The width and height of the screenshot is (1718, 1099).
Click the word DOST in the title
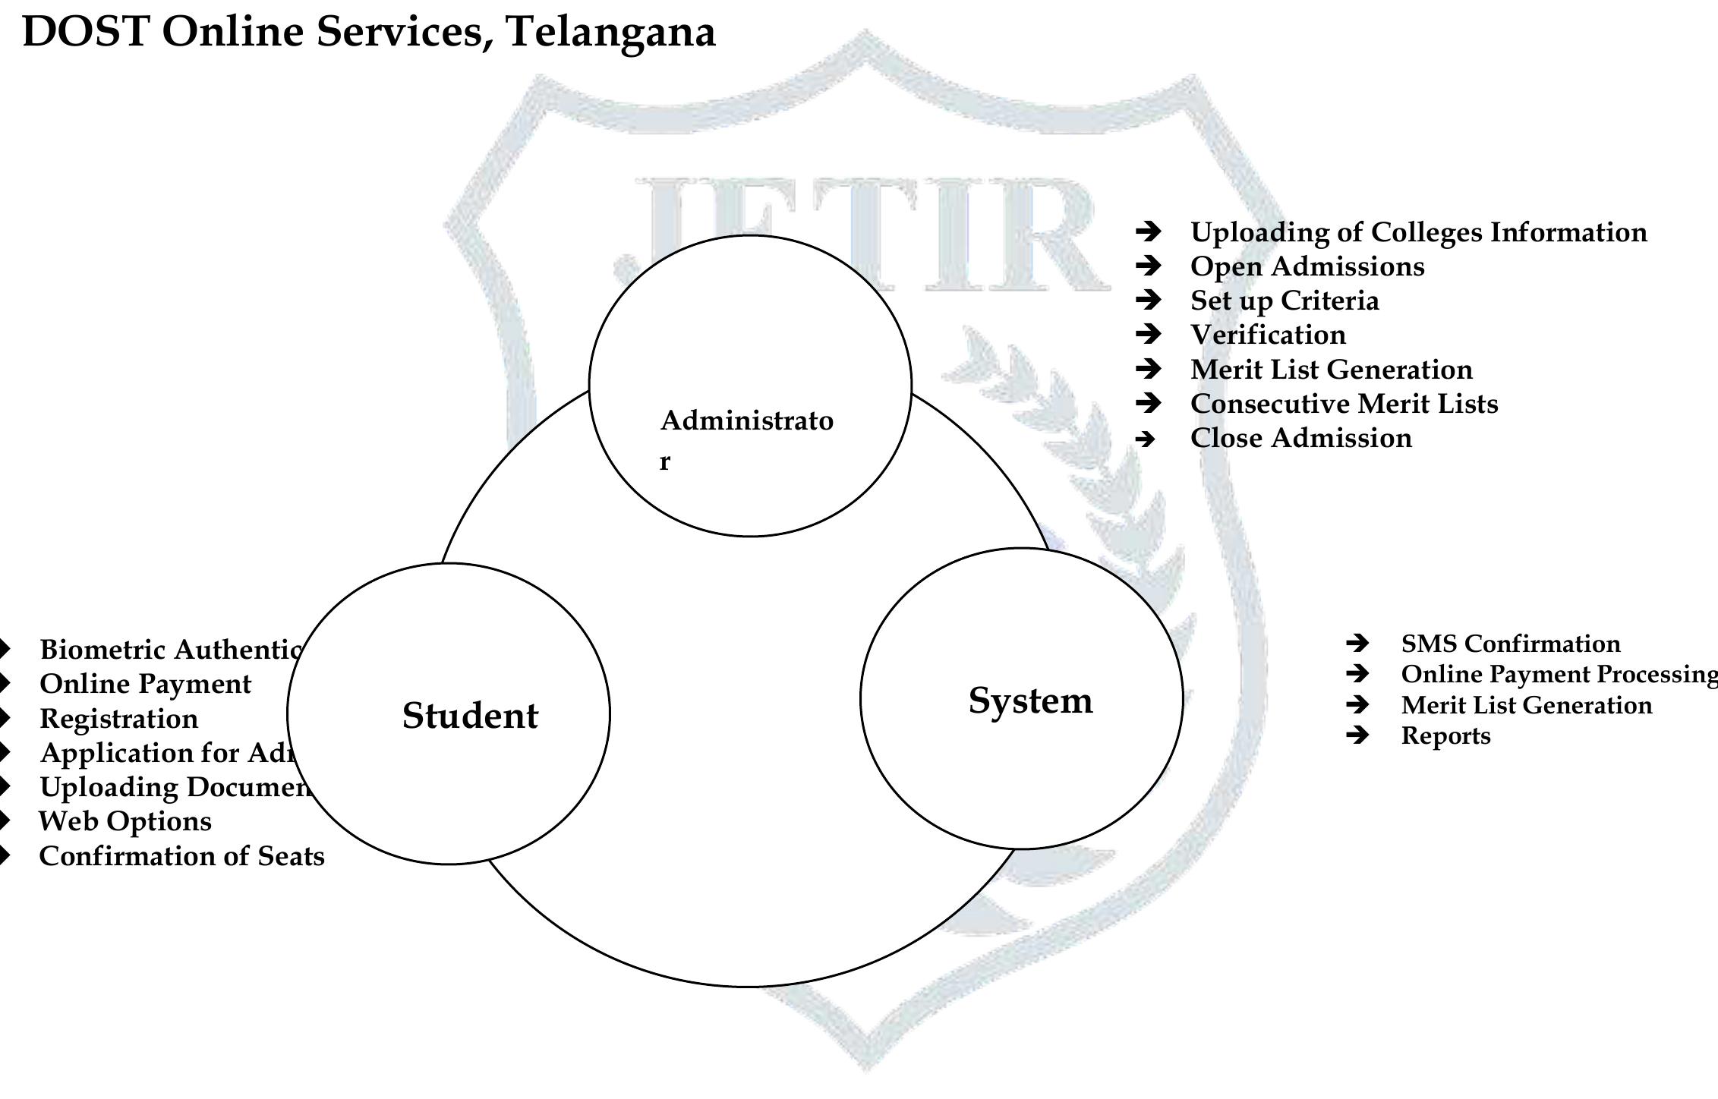pyautogui.click(x=85, y=32)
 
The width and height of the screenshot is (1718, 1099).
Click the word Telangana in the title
pyautogui.click(x=610, y=32)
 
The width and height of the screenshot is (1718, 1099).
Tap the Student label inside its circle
pyautogui.click(x=470, y=716)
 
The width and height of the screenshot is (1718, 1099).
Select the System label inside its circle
pyautogui.click(x=1030, y=701)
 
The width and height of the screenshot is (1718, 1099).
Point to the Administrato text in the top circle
pyautogui.click(x=747, y=420)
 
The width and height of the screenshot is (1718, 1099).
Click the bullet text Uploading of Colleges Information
pyautogui.click(x=1418, y=232)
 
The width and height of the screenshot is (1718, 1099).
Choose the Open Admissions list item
pyautogui.click(x=1307, y=266)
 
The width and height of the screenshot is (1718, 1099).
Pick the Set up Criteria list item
pyautogui.click(x=1284, y=301)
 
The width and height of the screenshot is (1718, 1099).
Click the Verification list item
pyautogui.click(x=1268, y=335)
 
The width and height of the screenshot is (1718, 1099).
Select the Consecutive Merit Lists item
pyautogui.click(x=1344, y=404)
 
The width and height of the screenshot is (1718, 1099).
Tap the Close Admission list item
pyautogui.click(x=1300, y=438)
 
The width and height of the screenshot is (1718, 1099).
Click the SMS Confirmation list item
pyautogui.click(x=1510, y=644)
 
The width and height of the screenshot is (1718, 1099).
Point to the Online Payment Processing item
pyautogui.click(x=1558, y=674)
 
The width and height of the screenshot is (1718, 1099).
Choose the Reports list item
pyautogui.click(x=1445, y=735)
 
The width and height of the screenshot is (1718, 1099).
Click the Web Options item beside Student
pyautogui.click(x=125, y=821)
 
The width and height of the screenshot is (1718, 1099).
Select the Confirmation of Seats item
pyautogui.click(x=181, y=856)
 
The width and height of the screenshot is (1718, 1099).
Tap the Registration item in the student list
pyautogui.click(x=119, y=718)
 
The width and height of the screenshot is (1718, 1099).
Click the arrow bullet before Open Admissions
pyautogui.click(x=1148, y=266)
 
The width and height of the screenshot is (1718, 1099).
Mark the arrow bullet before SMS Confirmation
pyautogui.click(x=1357, y=644)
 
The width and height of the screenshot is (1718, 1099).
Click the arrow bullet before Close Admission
pyautogui.click(x=1146, y=439)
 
